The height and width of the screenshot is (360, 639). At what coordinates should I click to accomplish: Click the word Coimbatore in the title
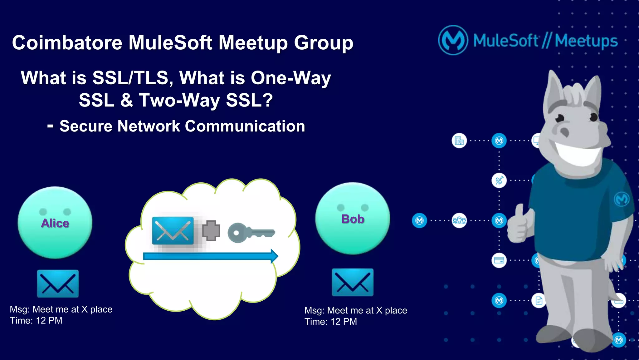[x=67, y=43]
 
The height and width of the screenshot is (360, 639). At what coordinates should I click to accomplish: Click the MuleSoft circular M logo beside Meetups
[x=453, y=40]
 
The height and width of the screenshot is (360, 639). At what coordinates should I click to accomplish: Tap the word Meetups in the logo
[x=586, y=41]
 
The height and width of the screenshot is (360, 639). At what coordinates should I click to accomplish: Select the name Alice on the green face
[x=55, y=223]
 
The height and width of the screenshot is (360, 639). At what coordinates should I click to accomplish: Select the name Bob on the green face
[x=353, y=219]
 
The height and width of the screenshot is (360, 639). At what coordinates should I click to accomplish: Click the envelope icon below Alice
[x=58, y=284]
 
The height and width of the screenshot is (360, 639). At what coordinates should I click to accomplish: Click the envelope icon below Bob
[x=353, y=282]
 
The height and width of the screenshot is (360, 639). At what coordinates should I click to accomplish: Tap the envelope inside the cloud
[x=173, y=231]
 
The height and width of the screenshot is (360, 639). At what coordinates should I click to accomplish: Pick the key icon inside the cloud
[x=251, y=233]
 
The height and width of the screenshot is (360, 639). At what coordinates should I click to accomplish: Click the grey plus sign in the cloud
[x=211, y=231]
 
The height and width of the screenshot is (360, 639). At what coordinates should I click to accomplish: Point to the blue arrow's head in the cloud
[x=274, y=256]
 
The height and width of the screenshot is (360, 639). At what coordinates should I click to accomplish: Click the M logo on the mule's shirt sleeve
[x=621, y=199]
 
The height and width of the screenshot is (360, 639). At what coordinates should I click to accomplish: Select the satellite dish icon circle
[x=499, y=180]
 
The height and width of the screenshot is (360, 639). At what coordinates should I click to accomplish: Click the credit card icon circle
[x=499, y=260]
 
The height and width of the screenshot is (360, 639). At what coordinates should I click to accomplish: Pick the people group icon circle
[x=459, y=221]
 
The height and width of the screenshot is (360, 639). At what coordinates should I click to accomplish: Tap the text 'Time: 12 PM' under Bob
[x=330, y=322]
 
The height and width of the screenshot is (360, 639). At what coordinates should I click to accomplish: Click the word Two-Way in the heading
[x=179, y=101]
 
